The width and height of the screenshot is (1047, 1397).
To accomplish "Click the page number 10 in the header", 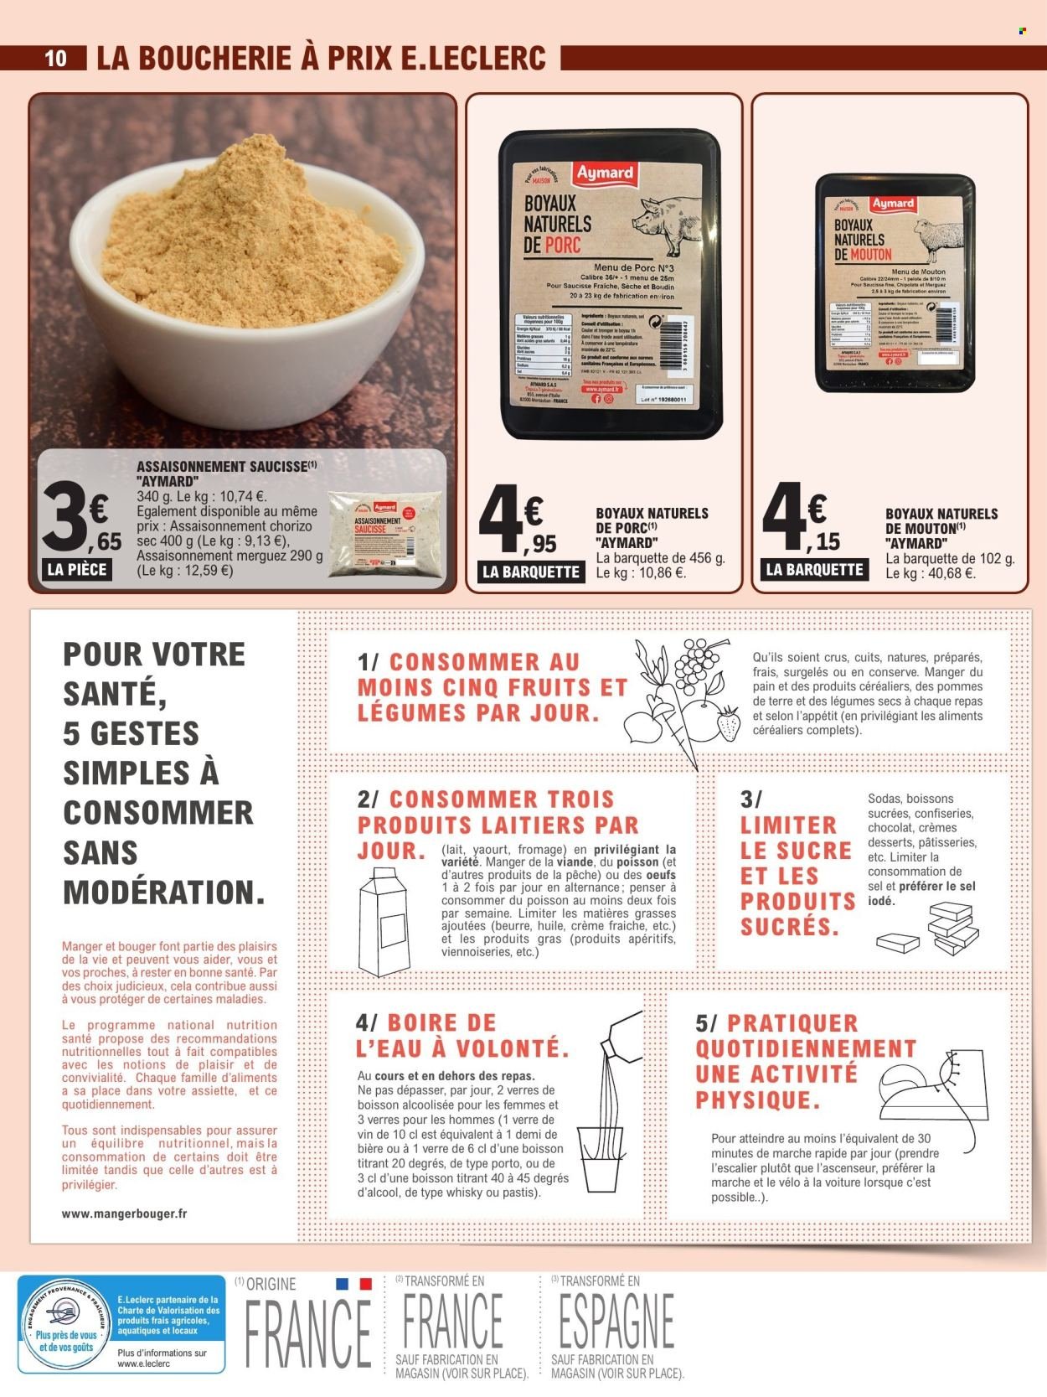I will click(x=55, y=58).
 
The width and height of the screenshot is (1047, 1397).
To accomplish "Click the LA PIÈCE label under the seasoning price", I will click(x=77, y=570).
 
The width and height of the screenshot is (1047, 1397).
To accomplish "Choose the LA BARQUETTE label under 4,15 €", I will click(x=814, y=570).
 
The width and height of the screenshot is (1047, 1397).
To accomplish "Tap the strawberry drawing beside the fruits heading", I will click(x=728, y=722).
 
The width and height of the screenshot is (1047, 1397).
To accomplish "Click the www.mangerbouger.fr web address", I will click(x=124, y=1213).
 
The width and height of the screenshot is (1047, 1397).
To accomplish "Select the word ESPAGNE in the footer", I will click(x=613, y=1322).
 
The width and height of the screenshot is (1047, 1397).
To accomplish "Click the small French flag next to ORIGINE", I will click(x=353, y=1283).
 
